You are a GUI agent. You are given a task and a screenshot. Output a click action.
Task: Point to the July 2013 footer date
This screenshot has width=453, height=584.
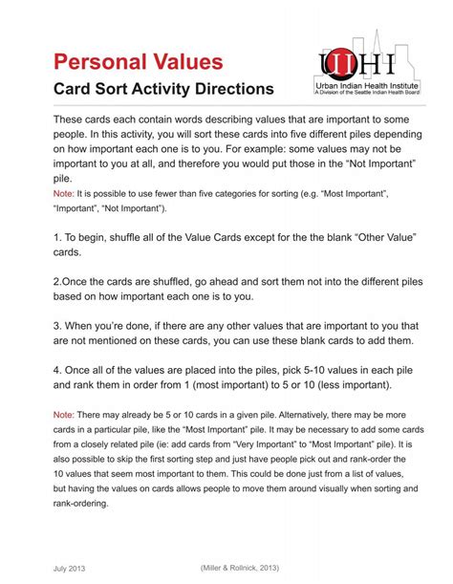click(x=69, y=567)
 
